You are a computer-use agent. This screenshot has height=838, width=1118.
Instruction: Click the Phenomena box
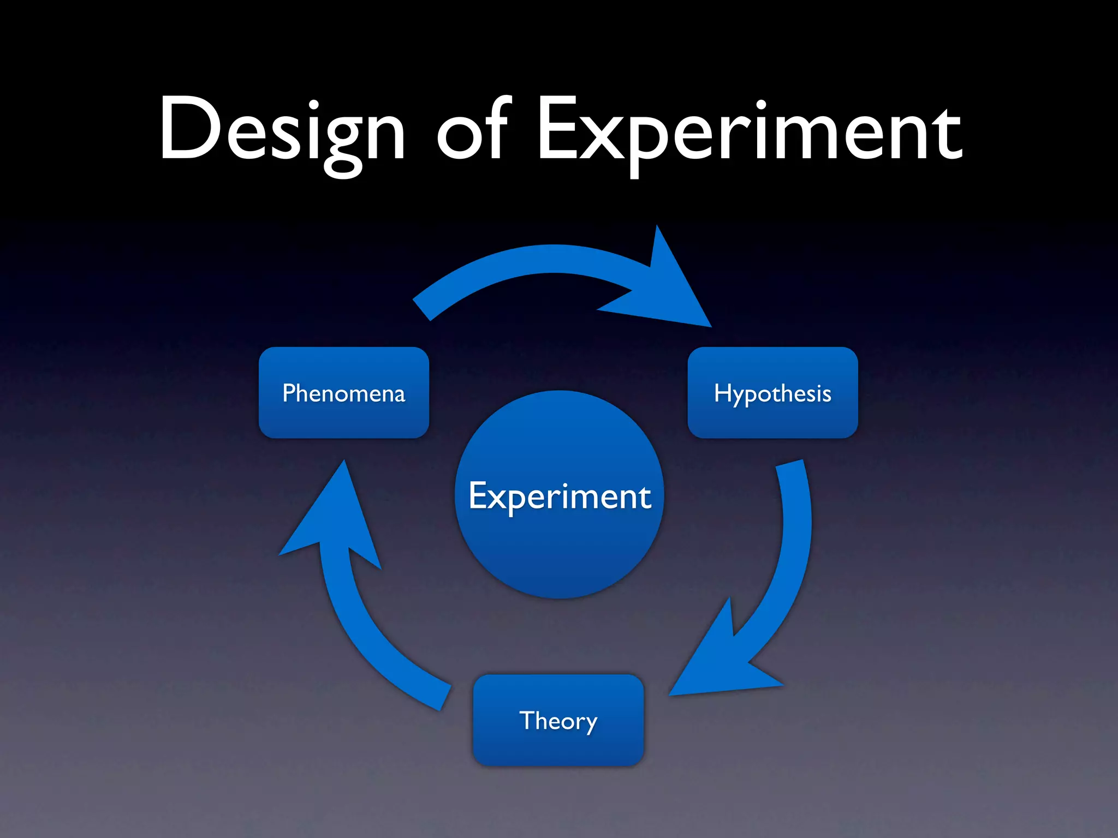pos(344,393)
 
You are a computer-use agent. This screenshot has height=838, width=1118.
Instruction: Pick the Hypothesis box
pos(772,393)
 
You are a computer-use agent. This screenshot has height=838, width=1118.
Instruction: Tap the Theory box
pos(558,720)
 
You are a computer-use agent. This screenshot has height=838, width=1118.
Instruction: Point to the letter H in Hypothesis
pos(722,393)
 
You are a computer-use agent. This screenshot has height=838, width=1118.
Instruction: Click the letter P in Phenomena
pos(289,393)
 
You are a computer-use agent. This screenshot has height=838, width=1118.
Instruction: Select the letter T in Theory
pos(528,720)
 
